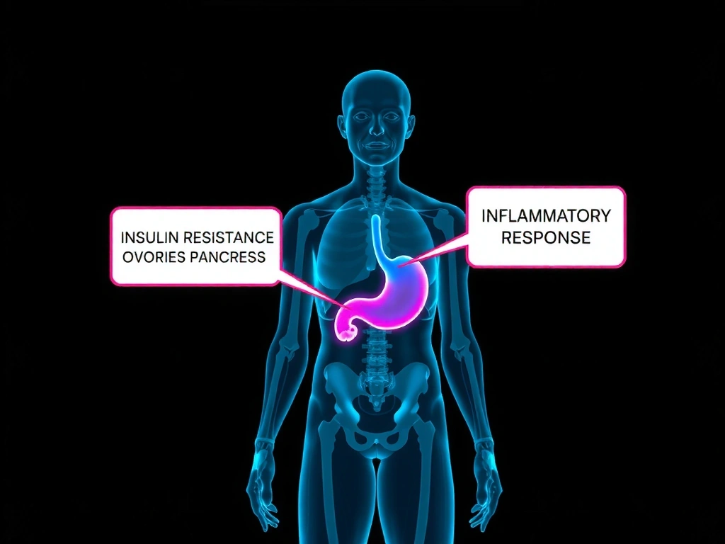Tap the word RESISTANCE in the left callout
point(230,236)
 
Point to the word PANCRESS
point(228,256)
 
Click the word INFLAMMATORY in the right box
point(545,216)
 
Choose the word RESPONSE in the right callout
point(545,237)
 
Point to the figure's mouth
point(376,145)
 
